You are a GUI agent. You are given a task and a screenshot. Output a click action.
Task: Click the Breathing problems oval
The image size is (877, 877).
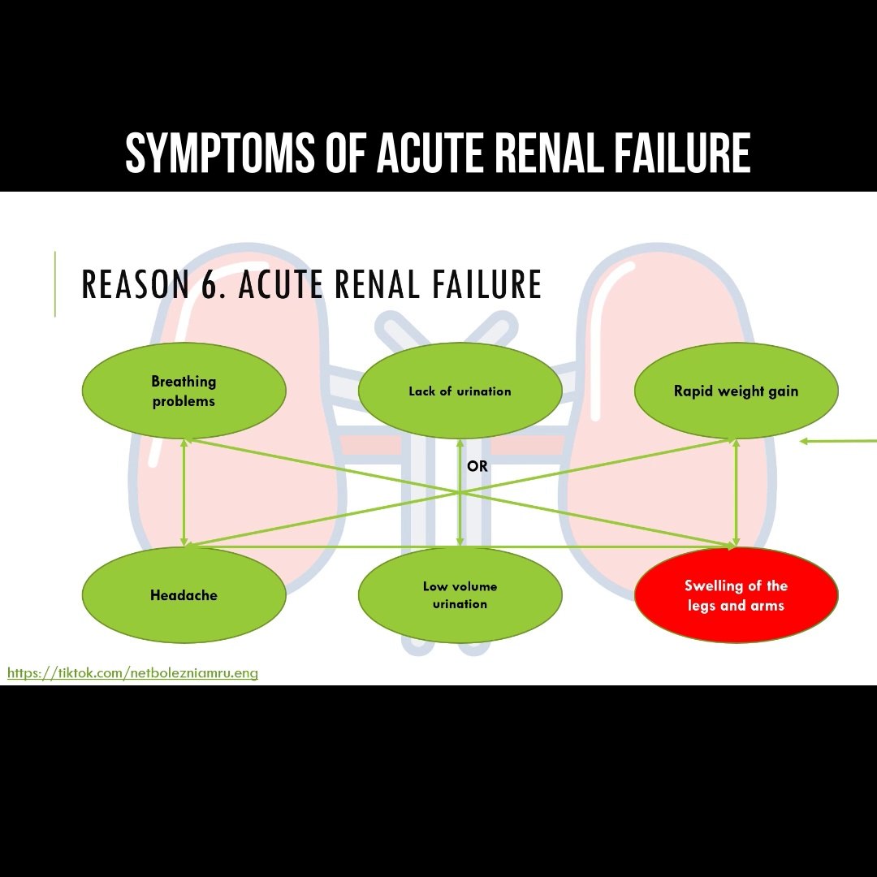(184, 391)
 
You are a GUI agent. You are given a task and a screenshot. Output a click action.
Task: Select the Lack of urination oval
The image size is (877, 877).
(460, 391)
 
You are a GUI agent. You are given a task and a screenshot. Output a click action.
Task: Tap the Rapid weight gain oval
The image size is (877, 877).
(736, 391)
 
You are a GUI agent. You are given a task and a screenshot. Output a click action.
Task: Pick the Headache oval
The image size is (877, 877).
(184, 595)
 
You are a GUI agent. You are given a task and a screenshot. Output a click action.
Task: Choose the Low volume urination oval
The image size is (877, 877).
(460, 595)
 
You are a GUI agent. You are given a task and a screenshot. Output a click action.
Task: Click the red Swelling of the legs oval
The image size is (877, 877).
(736, 595)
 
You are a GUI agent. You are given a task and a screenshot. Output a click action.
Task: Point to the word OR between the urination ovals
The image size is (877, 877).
(477, 467)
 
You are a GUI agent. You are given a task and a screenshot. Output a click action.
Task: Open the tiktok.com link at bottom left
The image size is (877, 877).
(132, 673)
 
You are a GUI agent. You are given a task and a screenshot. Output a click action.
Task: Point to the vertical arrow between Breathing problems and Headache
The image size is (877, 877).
(184, 493)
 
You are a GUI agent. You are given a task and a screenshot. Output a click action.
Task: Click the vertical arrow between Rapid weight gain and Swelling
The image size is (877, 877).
(736, 493)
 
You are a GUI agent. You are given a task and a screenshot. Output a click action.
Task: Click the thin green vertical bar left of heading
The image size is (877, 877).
(55, 283)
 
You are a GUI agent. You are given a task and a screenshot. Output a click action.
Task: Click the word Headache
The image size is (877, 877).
(184, 595)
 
